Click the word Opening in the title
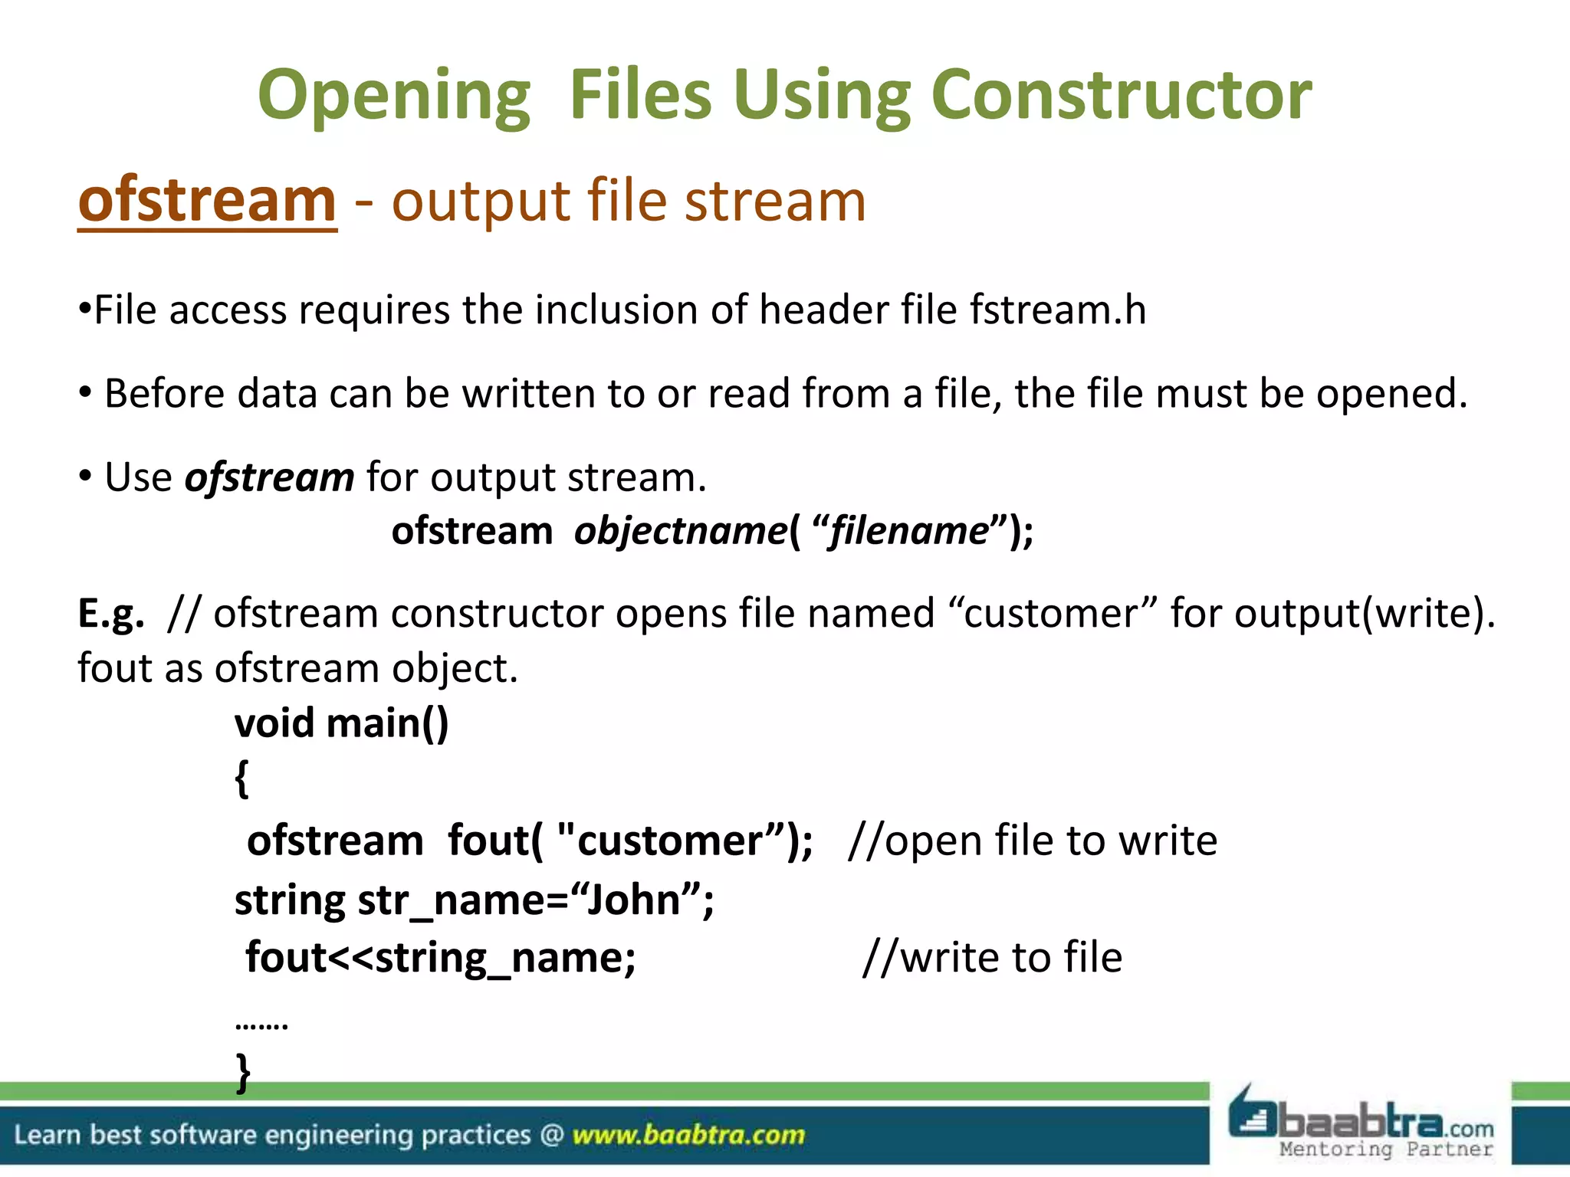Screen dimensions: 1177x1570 [x=394, y=97]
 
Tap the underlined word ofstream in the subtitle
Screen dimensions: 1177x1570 [x=207, y=201]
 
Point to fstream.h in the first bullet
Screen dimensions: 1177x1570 [x=1058, y=310]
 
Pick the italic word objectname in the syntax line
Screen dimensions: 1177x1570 [x=681, y=531]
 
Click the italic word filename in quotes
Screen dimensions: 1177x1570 [x=910, y=531]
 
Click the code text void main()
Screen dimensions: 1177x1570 [x=341, y=723]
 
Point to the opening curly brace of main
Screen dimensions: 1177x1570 [x=241, y=779]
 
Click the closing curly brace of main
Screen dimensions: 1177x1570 [x=243, y=1073]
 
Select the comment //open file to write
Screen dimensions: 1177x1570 [x=1032, y=841]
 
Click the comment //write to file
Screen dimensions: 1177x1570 [x=992, y=958]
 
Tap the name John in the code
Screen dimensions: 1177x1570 [x=634, y=900]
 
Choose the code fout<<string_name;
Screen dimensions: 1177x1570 [x=441, y=958]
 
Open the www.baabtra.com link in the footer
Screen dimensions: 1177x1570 [x=688, y=1135]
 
